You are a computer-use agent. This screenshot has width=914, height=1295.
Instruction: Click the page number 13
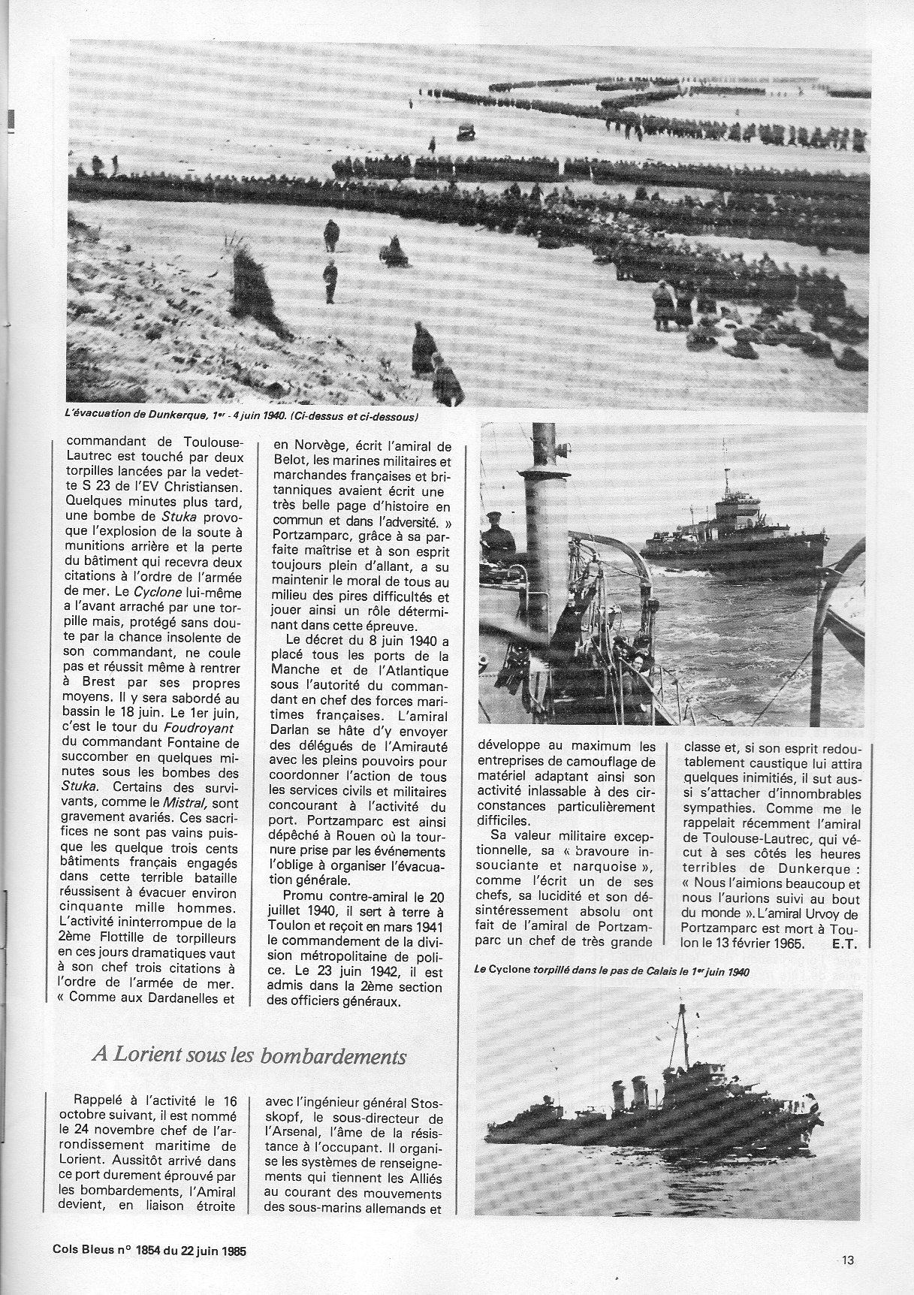coord(849,1261)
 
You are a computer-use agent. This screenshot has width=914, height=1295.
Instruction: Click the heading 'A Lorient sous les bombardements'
coord(249,1056)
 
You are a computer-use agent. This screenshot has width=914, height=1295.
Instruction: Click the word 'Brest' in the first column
coord(91,684)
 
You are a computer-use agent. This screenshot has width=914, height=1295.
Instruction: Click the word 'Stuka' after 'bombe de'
coord(179,516)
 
